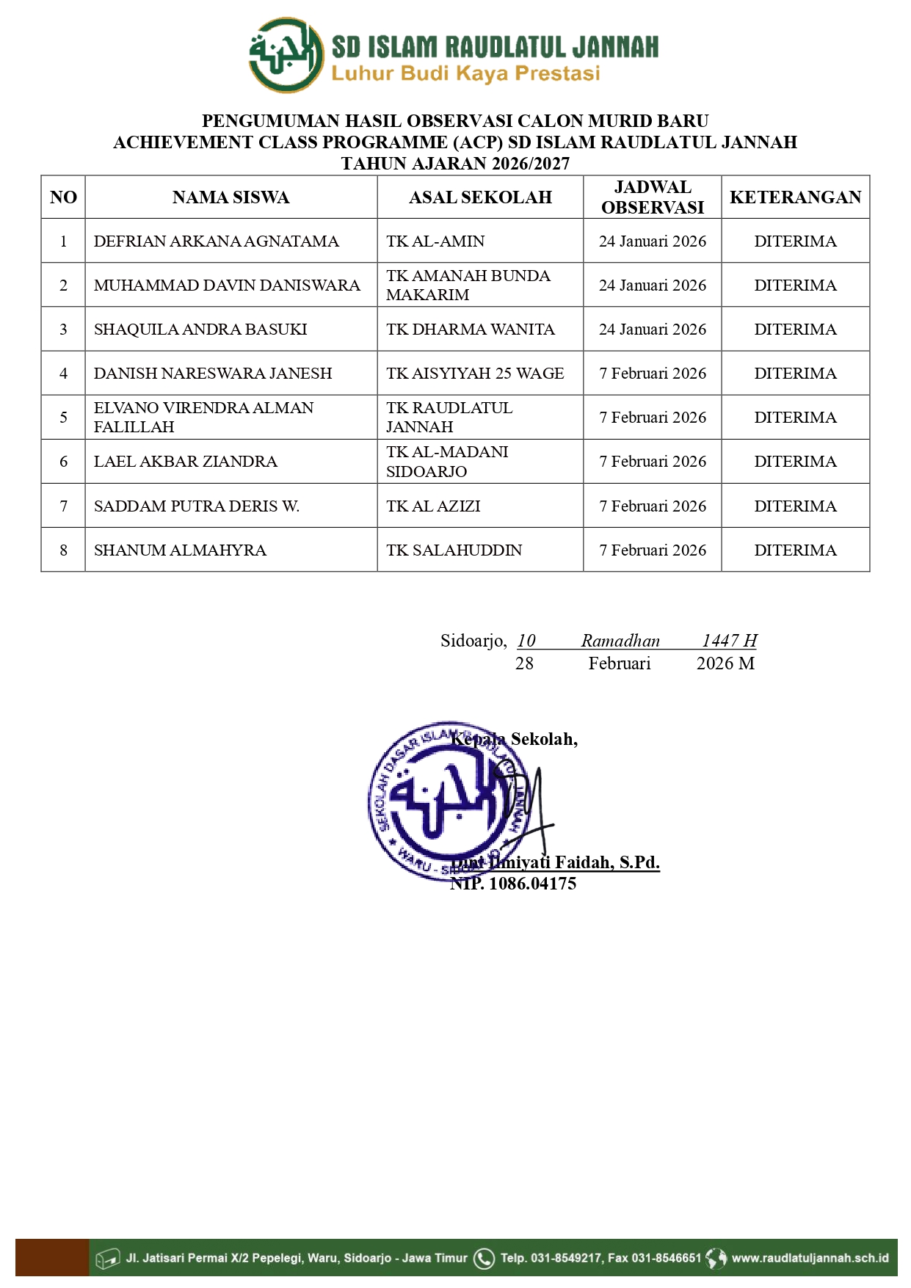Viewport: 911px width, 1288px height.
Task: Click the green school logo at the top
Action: [x=286, y=56]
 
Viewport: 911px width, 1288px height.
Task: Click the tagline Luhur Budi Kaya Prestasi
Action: [x=465, y=73]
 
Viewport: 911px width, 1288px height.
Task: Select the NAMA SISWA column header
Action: [x=231, y=197]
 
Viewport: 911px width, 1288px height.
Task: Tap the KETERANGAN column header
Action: [x=795, y=197]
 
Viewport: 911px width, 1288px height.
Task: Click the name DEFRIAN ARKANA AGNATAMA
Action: [x=216, y=241]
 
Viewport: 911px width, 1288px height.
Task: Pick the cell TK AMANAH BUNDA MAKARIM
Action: [x=468, y=285]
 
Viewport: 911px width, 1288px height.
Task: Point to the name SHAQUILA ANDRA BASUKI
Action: [x=200, y=330]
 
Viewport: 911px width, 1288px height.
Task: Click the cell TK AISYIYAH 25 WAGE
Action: [x=475, y=374]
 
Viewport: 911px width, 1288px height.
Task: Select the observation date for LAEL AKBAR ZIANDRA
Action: [x=653, y=462]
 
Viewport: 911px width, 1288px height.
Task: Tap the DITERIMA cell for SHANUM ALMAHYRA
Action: [x=795, y=550]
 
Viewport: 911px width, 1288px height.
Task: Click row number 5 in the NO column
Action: [x=64, y=418]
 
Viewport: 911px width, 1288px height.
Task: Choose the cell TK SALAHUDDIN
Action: [x=454, y=550]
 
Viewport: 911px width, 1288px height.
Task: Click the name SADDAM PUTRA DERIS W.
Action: [x=197, y=506]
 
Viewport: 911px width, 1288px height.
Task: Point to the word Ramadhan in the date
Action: [x=620, y=641]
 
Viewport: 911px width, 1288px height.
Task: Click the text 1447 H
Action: [x=729, y=641]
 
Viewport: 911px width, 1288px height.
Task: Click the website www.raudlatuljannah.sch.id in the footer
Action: [x=810, y=1258]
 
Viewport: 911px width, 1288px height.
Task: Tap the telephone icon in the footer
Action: [x=484, y=1259]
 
